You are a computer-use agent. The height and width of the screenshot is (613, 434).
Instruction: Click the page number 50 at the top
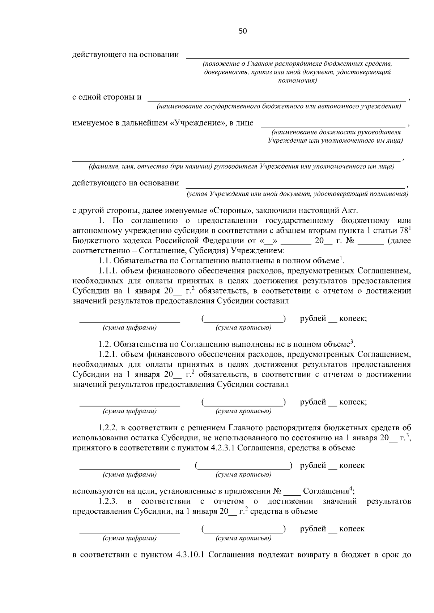pos(243,31)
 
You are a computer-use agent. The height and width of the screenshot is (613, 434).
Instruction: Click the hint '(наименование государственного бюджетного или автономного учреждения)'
pos(278,107)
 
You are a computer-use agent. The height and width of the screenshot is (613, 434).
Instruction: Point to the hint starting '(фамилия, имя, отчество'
pos(242,167)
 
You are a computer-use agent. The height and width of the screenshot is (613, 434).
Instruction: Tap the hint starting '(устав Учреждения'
pos(297,194)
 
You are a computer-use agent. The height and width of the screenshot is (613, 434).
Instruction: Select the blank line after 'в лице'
pos(333,125)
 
